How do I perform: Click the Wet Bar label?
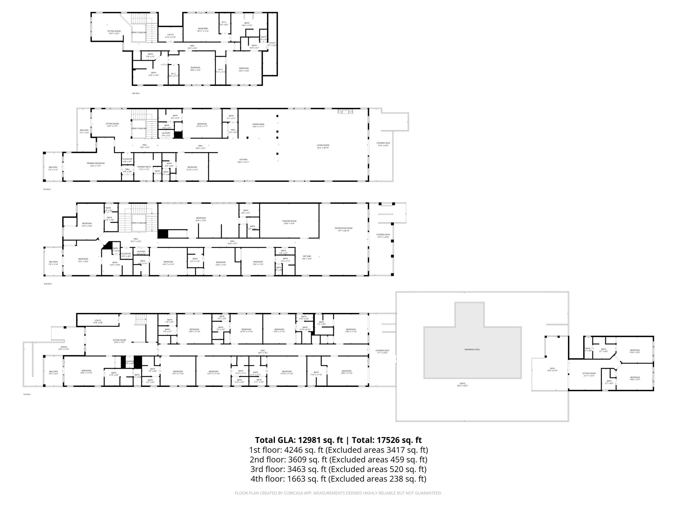(307, 257)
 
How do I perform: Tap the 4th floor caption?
(136, 93)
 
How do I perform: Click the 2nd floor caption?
(48, 284)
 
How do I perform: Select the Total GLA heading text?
(338, 440)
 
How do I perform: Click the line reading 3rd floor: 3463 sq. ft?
(338, 469)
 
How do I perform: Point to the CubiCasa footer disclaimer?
(338, 493)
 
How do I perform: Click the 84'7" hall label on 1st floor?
(263, 352)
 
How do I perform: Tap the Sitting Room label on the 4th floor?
(114, 32)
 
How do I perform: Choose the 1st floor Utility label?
(98, 321)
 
